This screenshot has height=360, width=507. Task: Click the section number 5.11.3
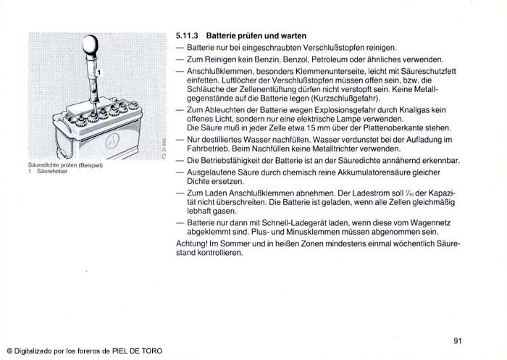[x=188, y=35]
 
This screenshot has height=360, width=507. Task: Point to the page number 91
[x=458, y=341]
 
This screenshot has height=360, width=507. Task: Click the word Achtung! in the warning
[x=191, y=243]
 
